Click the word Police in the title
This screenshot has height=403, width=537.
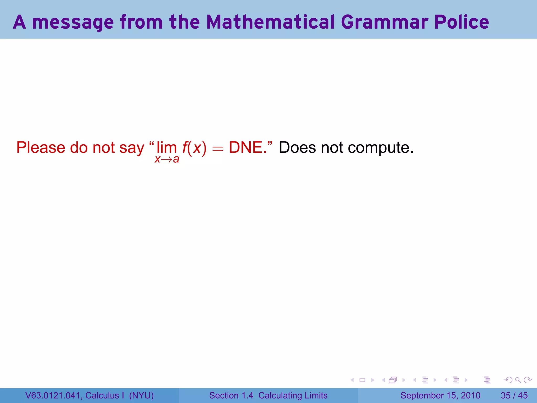click(461, 22)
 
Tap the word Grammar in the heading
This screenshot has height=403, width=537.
click(384, 22)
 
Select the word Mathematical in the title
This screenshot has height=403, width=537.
click(270, 22)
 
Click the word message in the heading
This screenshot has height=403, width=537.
click(73, 23)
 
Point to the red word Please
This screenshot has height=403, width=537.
click(41, 147)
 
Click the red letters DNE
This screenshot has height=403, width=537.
click(246, 147)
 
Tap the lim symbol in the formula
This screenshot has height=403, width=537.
click(167, 147)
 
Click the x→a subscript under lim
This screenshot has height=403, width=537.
click(167, 159)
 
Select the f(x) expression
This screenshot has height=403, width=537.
click(194, 148)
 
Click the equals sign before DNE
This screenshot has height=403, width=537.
click(218, 149)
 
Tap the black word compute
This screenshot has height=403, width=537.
click(380, 148)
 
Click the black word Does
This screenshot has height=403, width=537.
click(297, 147)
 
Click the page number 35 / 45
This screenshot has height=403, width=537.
click(514, 395)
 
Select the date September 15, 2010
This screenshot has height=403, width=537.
click(440, 395)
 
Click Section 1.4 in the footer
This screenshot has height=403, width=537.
click(231, 395)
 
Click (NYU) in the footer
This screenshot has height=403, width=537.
click(141, 395)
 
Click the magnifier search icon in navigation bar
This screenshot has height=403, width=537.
click(518, 380)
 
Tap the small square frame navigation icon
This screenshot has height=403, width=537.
click(362, 380)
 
